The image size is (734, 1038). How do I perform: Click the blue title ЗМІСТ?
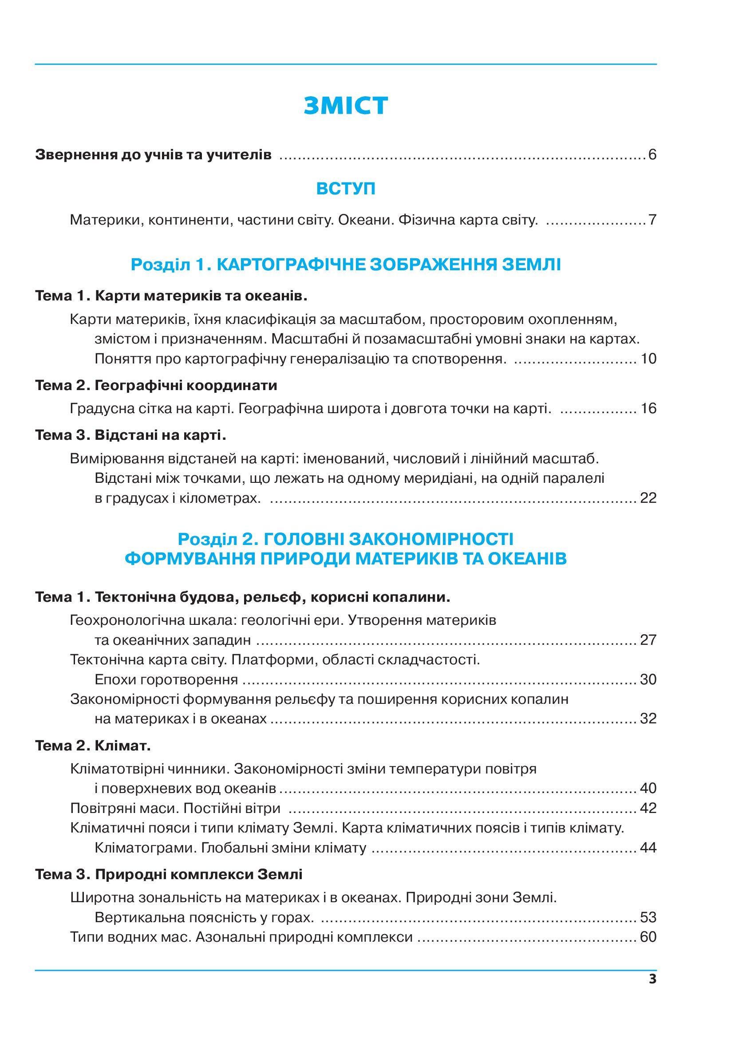346,106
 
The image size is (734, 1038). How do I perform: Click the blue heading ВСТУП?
346,189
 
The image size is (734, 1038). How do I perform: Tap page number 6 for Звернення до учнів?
652,154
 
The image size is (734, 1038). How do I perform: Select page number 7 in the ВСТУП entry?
652,220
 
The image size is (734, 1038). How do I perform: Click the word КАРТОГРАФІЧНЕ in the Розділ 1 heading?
291,264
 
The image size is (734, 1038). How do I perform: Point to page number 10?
648,359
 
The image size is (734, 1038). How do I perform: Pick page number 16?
648,408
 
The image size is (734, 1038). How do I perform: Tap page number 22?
648,498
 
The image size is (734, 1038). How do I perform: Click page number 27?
648,640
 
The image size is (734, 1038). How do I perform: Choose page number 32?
648,718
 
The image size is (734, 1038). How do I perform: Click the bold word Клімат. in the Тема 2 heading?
122,746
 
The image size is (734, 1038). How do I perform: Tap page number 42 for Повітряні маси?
648,808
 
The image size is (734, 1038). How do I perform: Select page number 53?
648,917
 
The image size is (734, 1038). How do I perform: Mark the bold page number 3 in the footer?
652,979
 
